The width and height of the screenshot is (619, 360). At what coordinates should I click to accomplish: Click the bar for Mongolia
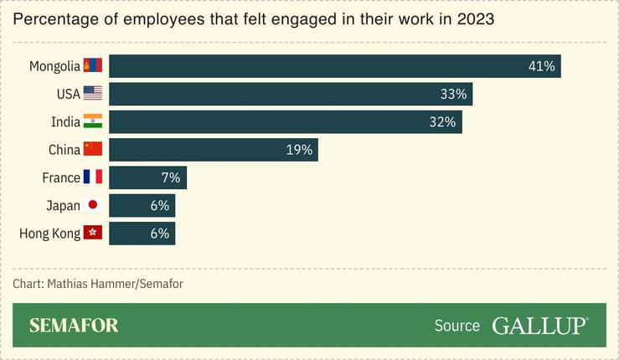[334, 66]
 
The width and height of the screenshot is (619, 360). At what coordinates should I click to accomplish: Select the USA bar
[290, 94]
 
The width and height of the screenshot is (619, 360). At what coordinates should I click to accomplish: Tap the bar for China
[213, 150]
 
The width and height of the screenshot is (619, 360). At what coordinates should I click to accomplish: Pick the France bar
[147, 177]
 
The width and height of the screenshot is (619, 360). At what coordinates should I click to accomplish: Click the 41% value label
[542, 66]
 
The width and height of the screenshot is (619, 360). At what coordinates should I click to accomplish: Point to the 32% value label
[441, 122]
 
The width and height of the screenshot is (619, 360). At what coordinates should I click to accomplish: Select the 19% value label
[299, 150]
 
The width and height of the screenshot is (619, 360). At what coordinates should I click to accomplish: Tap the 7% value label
[170, 177]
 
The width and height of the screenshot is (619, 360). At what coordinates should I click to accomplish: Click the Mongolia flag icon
[93, 66]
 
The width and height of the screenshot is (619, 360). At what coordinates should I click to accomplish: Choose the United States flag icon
[93, 94]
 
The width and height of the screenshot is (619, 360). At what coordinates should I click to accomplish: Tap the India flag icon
[93, 122]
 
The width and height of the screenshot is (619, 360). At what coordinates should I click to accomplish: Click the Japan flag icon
[93, 205]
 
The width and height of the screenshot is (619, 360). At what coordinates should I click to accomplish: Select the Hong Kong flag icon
[93, 233]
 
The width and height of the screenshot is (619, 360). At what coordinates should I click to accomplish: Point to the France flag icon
[93, 177]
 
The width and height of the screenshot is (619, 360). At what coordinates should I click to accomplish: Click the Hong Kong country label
[49, 233]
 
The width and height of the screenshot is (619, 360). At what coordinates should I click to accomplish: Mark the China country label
[64, 150]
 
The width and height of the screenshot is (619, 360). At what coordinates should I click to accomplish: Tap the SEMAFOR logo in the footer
[74, 326]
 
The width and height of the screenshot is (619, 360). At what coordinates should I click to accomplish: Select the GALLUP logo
[539, 326]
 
